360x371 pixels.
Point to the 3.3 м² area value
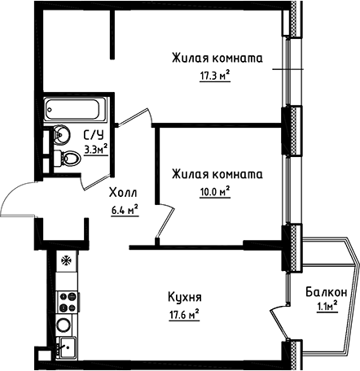(96, 149)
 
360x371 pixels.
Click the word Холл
(123, 193)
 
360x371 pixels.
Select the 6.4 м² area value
(123, 208)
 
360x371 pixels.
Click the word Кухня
(187, 297)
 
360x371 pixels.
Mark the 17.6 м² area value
(187, 312)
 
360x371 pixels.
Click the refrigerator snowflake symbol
(64, 263)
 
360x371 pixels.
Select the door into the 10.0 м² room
(165, 221)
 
